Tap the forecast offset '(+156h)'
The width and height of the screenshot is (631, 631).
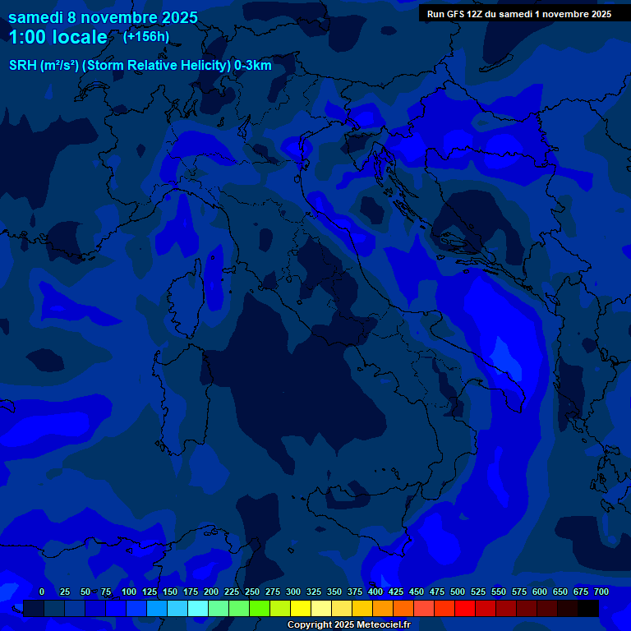(146, 36)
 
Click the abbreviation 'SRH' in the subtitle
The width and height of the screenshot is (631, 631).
(23, 66)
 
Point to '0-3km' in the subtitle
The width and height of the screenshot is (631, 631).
(253, 66)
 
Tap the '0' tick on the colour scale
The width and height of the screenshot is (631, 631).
(42, 592)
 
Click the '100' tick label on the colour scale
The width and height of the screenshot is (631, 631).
(129, 592)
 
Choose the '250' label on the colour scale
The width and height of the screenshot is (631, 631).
(252, 592)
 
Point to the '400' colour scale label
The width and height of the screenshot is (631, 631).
(375, 592)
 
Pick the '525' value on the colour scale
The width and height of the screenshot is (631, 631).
(478, 592)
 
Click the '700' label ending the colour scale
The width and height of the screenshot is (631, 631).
(601, 592)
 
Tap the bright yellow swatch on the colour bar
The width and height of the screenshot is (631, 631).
(301, 609)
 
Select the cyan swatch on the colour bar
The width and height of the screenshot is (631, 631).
(198, 609)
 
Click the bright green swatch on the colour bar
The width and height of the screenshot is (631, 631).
(260, 609)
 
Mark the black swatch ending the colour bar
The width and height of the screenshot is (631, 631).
(588, 609)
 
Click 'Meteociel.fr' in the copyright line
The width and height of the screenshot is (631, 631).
(379, 625)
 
